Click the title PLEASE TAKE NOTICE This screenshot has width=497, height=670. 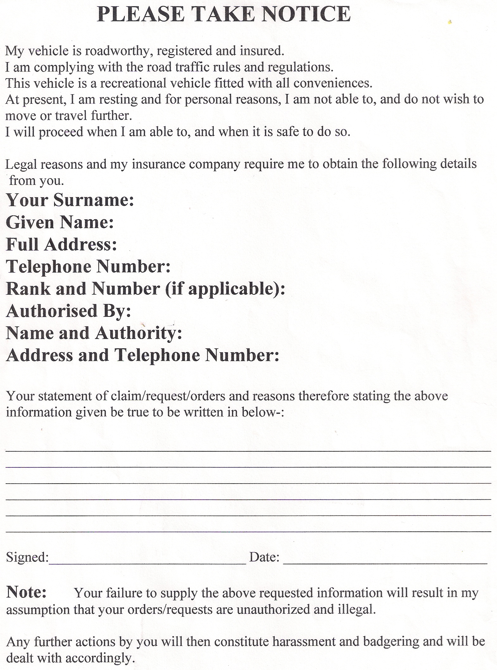[224, 14]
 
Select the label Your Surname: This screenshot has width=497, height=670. [70, 200]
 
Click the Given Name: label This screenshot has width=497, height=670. [60, 222]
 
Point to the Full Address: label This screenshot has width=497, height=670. [62, 244]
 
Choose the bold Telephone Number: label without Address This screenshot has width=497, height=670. [88, 266]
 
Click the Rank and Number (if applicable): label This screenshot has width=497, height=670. [146, 289]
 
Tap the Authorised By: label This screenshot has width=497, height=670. [68, 311]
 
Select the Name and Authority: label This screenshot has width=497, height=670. [94, 333]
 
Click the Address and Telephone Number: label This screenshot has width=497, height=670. [143, 355]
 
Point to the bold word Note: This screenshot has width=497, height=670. [27, 592]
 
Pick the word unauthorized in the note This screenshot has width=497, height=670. [273, 610]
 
